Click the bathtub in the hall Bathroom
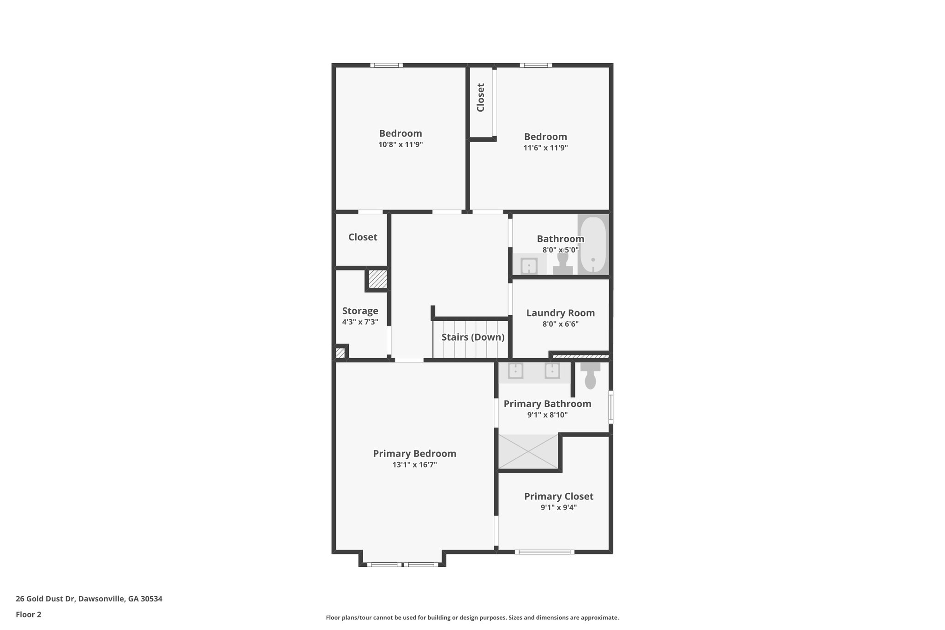click(x=592, y=245)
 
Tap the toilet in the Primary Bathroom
click(x=590, y=376)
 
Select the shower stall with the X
click(x=528, y=451)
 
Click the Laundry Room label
click(x=560, y=313)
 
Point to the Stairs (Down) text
click(x=472, y=337)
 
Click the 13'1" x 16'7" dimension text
click(x=414, y=465)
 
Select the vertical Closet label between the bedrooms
click(x=480, y=97)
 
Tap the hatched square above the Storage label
click(x=377, y=279)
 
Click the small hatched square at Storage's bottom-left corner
click(x=340, y=353)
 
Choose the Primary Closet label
click(x=558, y=496)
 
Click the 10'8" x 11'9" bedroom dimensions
click(x=401, y=144)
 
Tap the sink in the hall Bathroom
click(x=529, y=266)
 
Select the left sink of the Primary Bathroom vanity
click(x=515, y=371)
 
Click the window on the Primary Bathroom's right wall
click(x=610, y=407)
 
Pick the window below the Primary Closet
click(x=544, y=552)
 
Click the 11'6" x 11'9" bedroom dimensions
click(x=545, y=148)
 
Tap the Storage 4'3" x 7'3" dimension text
click(x=360, y=322)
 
